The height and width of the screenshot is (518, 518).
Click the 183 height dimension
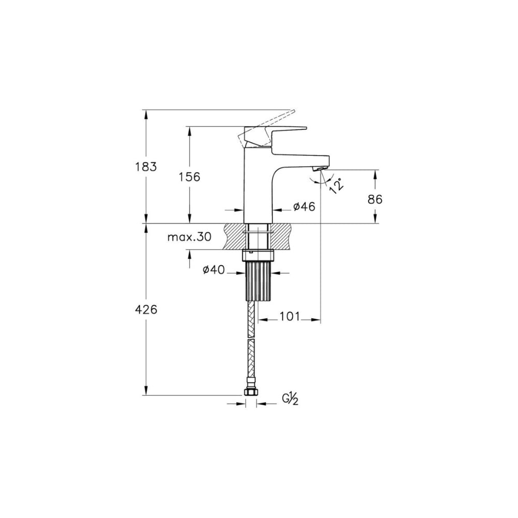tap(146, 167)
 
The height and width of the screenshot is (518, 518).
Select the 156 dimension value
tap(189, 177)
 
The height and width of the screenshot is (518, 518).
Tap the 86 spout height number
tap(375, 199)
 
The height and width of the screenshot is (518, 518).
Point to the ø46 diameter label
tap(304, 207)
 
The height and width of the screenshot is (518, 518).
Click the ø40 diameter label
tap(213, 270)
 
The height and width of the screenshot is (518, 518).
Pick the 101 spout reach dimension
tap(290, 316)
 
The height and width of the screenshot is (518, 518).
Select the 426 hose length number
tap(146, 310)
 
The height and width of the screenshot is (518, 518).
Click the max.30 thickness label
tap(189, 237)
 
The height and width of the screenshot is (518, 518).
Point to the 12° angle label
tap(336, 185)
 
